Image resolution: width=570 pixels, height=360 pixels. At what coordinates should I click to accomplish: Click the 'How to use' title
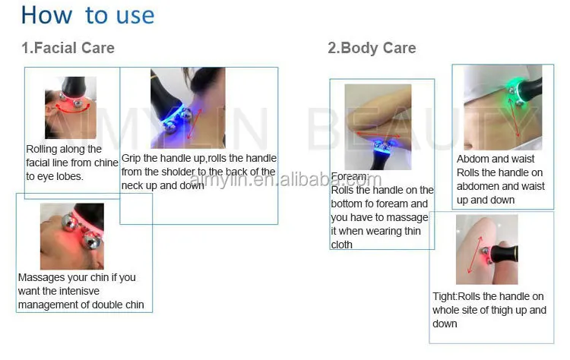pos(87,15)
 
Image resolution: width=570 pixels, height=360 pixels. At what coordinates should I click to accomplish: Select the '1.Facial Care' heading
pos(68,48)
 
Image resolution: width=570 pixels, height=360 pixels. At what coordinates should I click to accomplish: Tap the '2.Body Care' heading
pos(372,48)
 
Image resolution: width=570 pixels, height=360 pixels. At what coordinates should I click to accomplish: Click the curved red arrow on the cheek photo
pos(73,109)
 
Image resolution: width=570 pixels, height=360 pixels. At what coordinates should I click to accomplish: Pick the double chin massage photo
pos(72,236)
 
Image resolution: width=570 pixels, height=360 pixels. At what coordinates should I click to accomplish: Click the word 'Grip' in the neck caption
pos(131,159)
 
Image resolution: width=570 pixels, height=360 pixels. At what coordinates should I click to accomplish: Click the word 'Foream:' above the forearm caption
pos(350,176)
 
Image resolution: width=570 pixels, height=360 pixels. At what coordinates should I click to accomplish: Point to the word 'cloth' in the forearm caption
pos(342,245)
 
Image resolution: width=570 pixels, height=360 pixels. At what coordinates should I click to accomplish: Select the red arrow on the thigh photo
pos(475,255)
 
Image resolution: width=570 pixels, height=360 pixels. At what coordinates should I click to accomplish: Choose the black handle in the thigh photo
pos(505,252)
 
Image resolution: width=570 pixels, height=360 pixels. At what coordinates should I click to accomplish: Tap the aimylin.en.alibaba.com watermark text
pos(285,179)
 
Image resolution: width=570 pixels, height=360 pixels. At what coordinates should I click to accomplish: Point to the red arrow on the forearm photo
pos(378,135)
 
